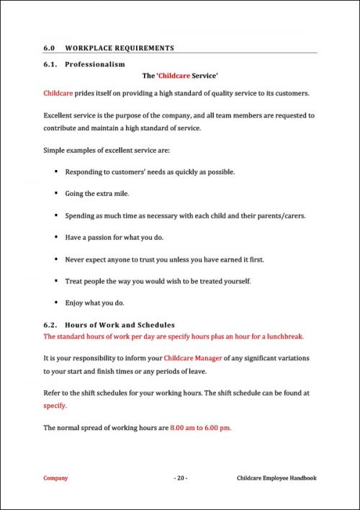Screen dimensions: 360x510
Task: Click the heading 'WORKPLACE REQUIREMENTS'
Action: [x=120, y=48]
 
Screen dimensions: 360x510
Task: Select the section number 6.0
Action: [x=50, y=48]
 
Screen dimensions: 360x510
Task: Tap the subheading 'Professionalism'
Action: [x=94, y=64]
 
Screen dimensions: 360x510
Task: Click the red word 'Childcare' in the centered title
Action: [x=177, y=75]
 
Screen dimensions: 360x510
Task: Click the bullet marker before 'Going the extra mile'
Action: [x=55, y=194]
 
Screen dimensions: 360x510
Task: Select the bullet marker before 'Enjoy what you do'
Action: [x=55, y=302]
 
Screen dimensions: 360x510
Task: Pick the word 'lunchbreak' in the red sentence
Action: [x=283, y=336]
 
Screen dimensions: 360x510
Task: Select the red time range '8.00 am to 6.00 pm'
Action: [x=200, y=428]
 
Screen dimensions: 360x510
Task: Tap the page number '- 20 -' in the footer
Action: [x=181, y=478]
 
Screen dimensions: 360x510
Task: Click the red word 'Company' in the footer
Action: [x=55, y=478]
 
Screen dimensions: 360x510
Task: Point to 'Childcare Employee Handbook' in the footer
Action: [x=276, y=478]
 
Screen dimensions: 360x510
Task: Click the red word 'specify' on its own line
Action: [x=55, y=406]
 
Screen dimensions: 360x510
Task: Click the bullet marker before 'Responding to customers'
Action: [x=55, y=172]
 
